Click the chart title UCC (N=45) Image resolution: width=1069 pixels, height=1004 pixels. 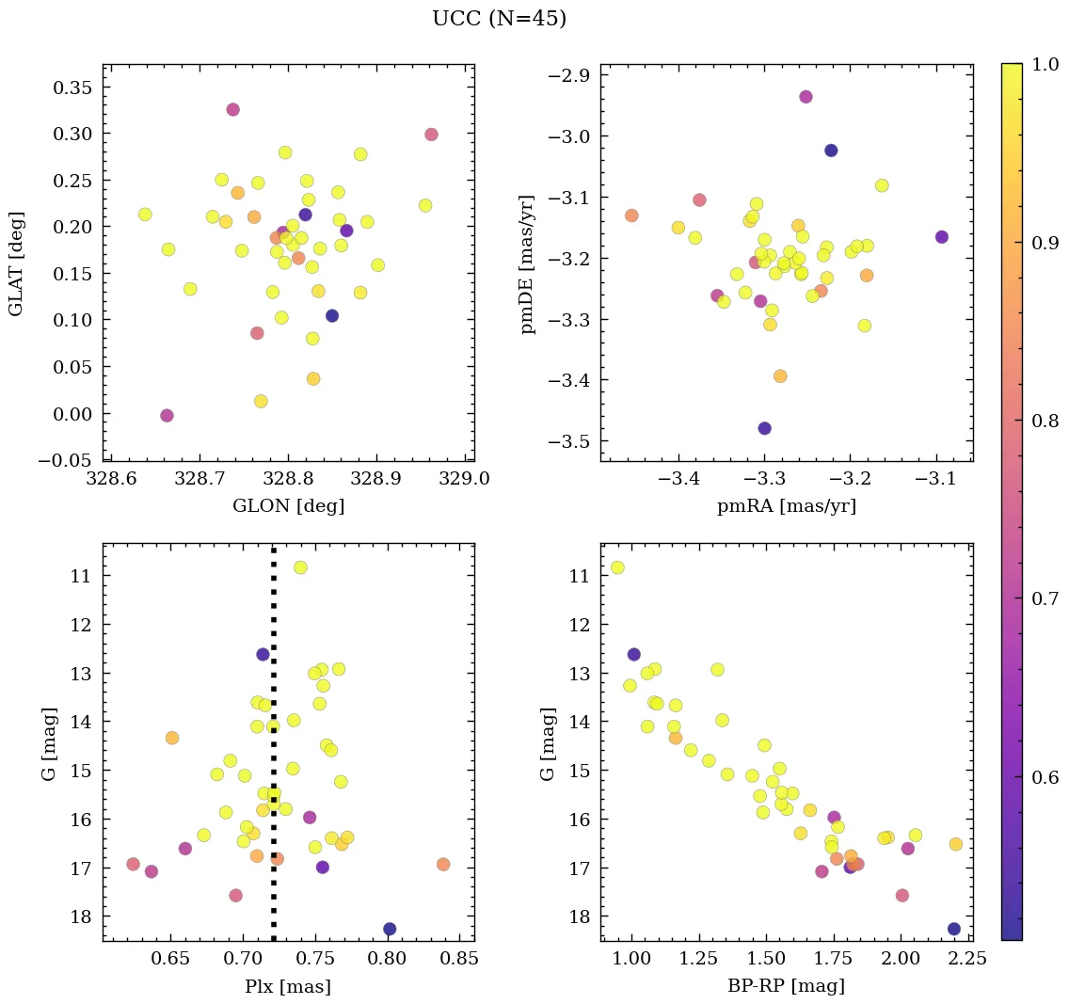[x=499, y=19]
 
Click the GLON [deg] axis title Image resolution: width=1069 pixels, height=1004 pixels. [x=288, y=506]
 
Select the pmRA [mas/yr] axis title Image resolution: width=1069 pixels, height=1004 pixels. [x=787, y=506]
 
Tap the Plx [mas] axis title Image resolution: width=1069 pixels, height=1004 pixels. [x=288, y=986]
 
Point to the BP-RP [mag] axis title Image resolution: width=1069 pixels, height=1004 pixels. [x=787, y=986]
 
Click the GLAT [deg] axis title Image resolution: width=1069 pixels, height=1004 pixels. [x=16, y=263]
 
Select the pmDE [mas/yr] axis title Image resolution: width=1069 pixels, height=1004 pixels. [x=529, y=263]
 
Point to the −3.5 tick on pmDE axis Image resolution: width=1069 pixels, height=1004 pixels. [x=568, y=441]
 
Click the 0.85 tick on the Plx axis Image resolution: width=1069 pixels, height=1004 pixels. [x=459, y=961]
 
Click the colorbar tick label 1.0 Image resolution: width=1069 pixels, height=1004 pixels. [x=1045, y=64]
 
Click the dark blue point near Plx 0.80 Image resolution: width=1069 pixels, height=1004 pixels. [x=390, y=929]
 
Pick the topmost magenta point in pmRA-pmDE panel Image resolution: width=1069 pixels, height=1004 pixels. [x=806, y=97]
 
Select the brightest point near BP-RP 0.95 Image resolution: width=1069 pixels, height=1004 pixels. [x=617, y=567]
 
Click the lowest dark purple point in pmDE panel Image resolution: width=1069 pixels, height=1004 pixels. [x=765, y=428]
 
